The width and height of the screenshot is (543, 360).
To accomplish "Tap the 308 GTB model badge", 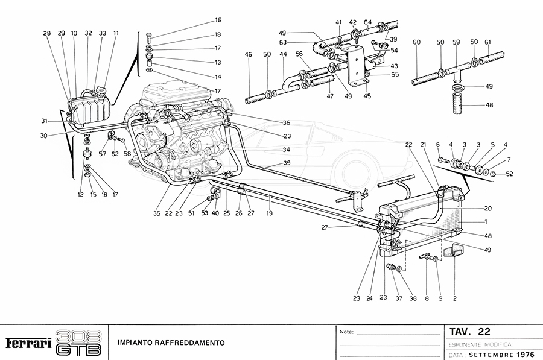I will coord(78,343).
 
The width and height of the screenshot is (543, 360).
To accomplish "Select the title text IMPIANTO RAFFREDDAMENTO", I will coord(171,343).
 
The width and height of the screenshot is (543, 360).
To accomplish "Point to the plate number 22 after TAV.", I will coord(484,332).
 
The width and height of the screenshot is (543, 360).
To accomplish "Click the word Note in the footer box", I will coord(346,332).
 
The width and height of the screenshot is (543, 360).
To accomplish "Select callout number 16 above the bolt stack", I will coord(201,20).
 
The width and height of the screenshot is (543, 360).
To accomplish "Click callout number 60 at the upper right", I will coord(416,42).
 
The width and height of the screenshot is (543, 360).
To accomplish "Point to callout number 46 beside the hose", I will coord(248,54).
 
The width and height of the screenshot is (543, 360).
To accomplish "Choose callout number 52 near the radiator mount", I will coord(510,174).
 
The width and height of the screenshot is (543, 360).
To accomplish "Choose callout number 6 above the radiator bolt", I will coord(438,145).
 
